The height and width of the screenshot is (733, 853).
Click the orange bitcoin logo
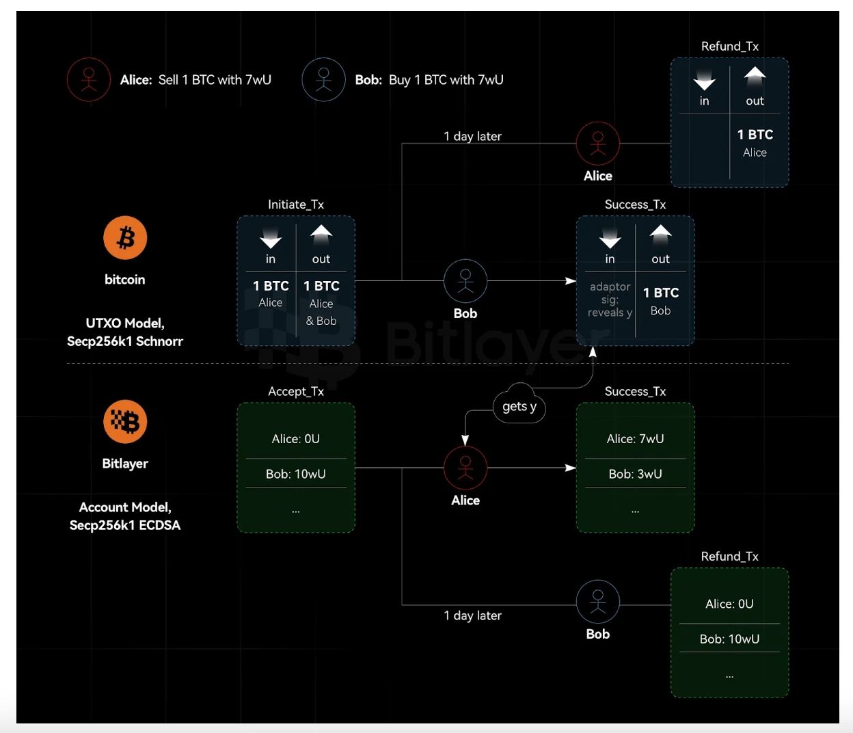click(125, 238)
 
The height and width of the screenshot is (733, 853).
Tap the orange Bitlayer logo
click(125, 421)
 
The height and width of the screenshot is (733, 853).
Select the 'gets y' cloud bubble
click(519, 405)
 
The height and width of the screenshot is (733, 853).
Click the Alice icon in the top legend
click(89, 80)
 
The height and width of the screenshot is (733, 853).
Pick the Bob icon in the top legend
click(323, 80)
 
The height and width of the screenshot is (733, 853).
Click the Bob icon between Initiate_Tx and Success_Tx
click(465, 281)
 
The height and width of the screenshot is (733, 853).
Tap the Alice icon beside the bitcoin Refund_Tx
click(598, 144)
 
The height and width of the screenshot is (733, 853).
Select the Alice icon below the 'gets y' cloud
click(465, 468)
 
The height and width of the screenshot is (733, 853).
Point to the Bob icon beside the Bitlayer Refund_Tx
click(598, 602)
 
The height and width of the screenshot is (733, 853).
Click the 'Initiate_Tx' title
click(296, 204)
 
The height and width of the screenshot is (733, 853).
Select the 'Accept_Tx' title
click(296, 391)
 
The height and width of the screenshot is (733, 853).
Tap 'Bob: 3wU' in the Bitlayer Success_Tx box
click(635, 474)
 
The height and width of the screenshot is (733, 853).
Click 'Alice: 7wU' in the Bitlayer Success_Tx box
click(635, 439)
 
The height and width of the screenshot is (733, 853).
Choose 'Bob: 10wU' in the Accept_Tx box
click(296, 474)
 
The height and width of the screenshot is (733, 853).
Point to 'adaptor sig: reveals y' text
click(610, 299)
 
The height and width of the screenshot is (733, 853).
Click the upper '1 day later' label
click(472, 136)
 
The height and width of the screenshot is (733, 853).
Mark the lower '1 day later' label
click(472, 615)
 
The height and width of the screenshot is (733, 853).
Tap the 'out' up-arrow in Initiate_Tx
click(321, 235)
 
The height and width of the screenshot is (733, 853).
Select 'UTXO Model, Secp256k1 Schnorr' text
click(125, 332)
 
